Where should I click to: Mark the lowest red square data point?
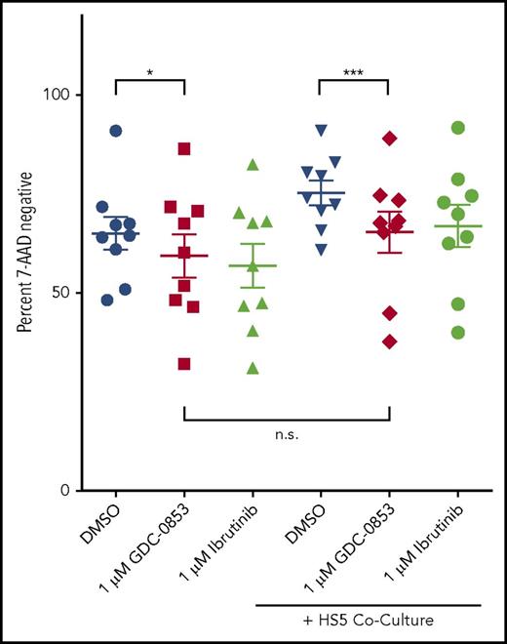(183, 364)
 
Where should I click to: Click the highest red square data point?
(183, 148)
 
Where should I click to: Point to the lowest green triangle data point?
(253, 368)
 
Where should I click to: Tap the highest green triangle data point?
(253, 164)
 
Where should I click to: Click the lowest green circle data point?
(457, 333)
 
